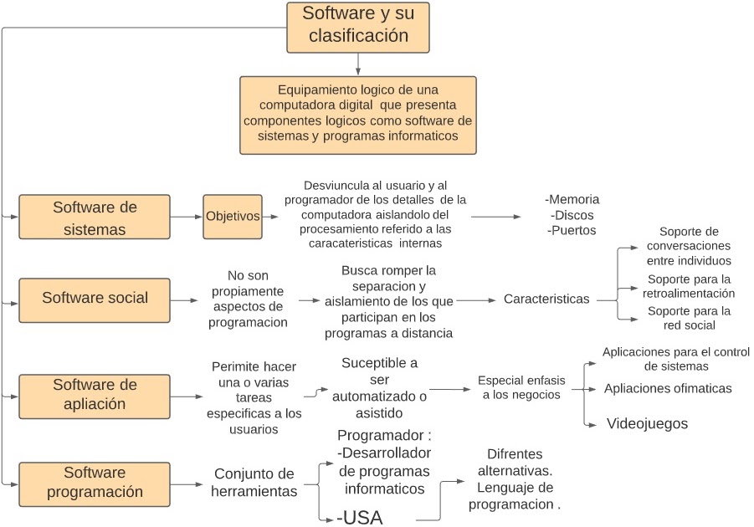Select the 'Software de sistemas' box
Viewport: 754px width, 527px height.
coord(95,217)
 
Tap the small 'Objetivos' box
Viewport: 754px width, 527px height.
coord(233,217)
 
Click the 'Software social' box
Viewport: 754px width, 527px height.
coord(95,299)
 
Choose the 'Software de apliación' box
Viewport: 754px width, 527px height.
coord(95,395)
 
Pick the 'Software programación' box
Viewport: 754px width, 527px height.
coord(95,483)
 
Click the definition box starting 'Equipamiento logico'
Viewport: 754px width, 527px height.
coord(358,115)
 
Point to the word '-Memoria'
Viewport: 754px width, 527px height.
coord(572,200)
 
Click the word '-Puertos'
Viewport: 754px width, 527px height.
coord(572,230)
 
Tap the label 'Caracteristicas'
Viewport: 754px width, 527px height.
coord(546,299)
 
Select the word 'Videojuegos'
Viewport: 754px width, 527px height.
coord(647,424)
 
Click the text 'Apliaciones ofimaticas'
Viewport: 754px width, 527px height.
coord(668,388)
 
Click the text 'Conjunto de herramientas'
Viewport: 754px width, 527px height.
coord(255,483)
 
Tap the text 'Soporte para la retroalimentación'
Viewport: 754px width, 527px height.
coord(689,286)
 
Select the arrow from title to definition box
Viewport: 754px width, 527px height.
coord(358,64)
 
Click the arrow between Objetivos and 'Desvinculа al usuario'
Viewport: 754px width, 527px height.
coord(272,217)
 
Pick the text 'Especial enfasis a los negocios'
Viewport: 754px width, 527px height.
coord(521,387)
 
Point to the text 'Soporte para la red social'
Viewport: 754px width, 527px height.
coord(689,318)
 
